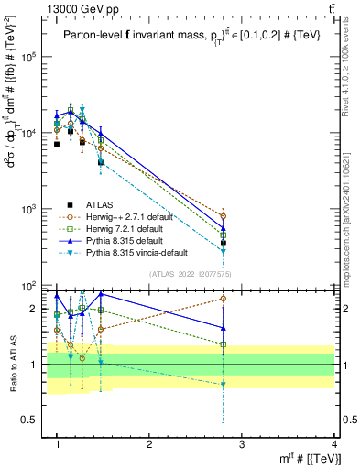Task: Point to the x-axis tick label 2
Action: [149, 443]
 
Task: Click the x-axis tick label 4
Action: [334, 443]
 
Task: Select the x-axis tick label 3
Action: [242, 443]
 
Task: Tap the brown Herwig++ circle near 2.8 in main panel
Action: [224, 216]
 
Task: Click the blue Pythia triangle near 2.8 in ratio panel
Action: [224, 327]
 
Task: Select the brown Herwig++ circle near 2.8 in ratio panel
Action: [224, 299]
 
